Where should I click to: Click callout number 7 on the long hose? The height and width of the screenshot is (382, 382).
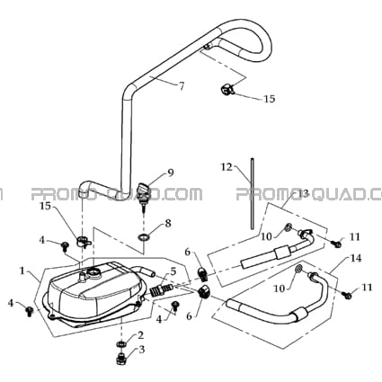(182, 86)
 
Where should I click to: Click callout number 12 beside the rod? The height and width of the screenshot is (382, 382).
(227, 167)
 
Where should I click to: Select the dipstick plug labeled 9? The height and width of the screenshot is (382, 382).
(143, 192)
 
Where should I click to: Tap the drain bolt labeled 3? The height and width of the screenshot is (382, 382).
(121, 358)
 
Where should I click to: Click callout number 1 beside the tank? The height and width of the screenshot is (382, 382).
(22, 271)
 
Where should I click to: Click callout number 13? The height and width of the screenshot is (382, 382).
(303, 193)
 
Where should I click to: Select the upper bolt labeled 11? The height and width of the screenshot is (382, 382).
(337, 244)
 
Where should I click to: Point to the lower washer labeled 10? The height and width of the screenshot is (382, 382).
(298, 268)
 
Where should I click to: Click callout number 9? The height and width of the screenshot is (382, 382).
(170, 173)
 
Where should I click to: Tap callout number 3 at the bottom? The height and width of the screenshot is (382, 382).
(141, 350)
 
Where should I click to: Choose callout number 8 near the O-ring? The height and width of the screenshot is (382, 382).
(168, 223)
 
